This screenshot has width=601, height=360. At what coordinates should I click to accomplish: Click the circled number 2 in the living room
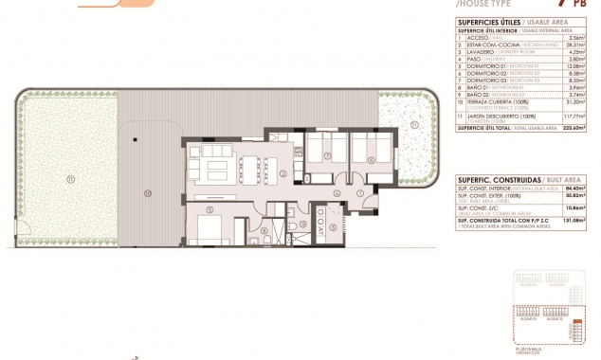(283, 173)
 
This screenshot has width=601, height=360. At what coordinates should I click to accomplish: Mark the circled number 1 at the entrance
(359, 194)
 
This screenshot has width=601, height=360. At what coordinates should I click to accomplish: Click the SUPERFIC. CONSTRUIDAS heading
(487, 178)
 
